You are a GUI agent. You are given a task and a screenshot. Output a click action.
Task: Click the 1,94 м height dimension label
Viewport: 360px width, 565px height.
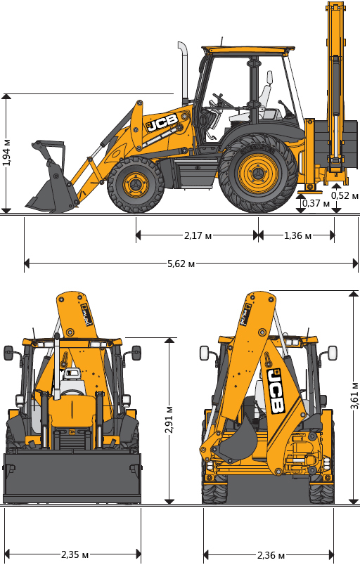[6, 152]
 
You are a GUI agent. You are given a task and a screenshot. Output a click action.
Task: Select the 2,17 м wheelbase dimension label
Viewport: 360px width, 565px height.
[198, 235]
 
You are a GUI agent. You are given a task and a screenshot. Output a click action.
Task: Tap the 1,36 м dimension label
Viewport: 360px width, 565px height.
[297, 235]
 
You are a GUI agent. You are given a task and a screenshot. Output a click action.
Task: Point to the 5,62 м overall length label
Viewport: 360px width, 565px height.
[181, 264]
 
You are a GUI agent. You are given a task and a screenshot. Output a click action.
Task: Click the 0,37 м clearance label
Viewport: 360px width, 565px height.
[316, 203]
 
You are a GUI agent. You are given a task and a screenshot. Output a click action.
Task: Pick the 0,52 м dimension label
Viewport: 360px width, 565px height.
[345, 195]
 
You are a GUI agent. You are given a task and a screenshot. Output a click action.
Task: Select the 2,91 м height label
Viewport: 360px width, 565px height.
[169, 420]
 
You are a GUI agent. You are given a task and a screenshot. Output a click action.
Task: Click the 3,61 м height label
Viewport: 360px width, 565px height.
[354, 395]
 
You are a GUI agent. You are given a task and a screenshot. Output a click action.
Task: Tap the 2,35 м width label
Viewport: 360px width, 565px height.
[75, 554]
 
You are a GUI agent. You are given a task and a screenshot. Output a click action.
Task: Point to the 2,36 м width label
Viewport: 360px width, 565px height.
[271, 555]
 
